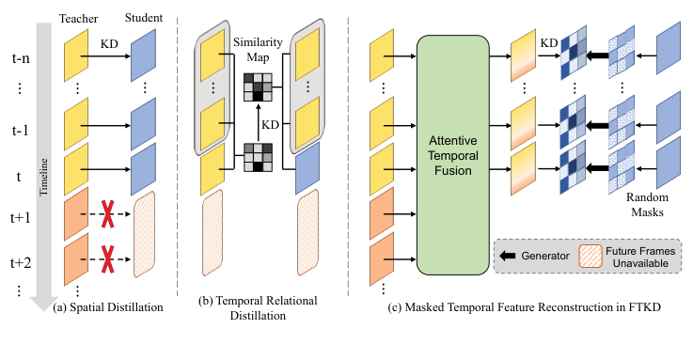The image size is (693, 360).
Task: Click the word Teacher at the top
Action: (x=77, y=18)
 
